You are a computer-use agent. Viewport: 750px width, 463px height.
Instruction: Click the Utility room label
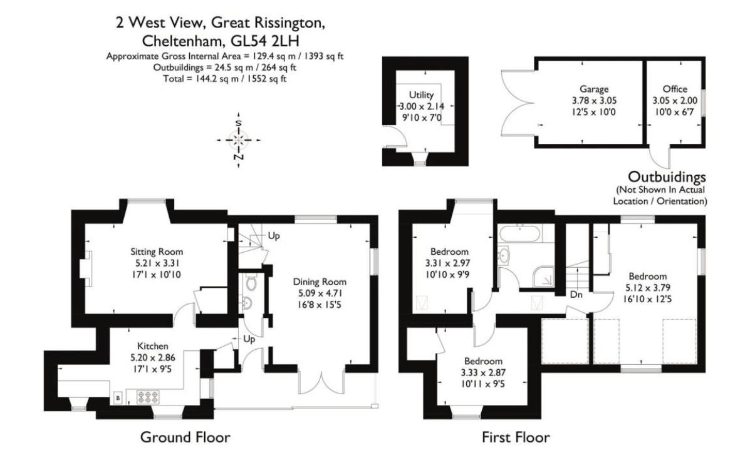421,95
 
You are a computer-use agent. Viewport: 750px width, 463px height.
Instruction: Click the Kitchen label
153,346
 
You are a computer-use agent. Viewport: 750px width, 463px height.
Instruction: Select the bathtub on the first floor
521,234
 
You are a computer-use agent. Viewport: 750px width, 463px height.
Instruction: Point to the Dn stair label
576,294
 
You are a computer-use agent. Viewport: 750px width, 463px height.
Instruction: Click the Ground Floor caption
185,437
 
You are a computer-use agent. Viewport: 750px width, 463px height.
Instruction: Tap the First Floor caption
515,437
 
